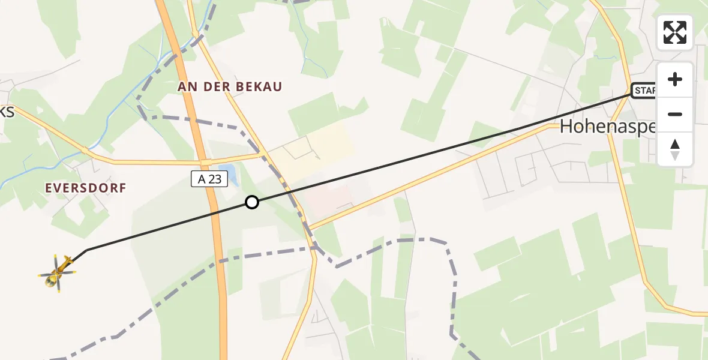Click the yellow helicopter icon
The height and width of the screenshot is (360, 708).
[58, 273]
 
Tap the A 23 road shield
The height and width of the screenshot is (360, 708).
[210, 178]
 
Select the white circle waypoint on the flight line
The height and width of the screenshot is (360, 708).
[252, 202]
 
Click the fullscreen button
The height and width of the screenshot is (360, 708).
[675, 32]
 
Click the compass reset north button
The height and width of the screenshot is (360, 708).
[675, 149]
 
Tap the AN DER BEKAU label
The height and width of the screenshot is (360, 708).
[230, 87]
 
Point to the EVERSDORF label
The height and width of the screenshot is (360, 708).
[86, 188]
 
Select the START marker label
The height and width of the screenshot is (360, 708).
[644, 91]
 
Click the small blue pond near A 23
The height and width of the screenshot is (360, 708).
[226, 171]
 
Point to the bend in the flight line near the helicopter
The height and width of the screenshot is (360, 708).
[87, 250]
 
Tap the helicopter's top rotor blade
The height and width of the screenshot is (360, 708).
[56, 262]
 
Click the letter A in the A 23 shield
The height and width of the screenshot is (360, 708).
[201, 178]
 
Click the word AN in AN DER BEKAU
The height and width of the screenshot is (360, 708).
[186, 87]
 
